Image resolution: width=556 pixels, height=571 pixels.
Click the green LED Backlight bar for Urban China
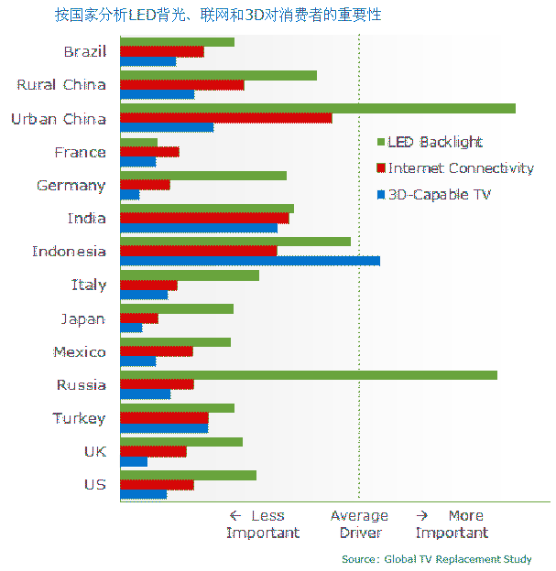317,108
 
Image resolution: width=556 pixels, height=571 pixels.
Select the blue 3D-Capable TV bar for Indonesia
249,261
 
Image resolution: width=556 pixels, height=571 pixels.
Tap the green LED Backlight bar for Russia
308,375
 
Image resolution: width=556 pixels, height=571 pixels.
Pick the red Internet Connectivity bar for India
204,218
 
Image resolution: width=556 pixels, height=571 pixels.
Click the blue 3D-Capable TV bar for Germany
129,195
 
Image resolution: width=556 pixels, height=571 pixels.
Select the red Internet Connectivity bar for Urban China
225,118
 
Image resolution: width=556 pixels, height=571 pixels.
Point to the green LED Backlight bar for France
138,142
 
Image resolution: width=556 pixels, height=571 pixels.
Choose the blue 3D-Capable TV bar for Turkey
164,427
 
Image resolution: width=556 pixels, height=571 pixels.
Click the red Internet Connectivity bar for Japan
138,318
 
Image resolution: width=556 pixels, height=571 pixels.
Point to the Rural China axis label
61,85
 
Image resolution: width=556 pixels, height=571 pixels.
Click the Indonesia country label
69,252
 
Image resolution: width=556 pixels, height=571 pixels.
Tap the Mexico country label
79,352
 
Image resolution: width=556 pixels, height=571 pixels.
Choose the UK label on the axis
94,451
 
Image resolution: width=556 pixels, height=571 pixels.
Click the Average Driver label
359,524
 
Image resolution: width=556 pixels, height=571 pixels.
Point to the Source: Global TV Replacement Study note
436,559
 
